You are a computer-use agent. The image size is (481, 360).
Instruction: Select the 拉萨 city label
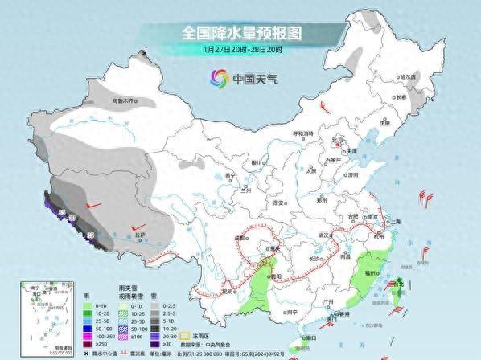pyautogui.click(x=141, y=234)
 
